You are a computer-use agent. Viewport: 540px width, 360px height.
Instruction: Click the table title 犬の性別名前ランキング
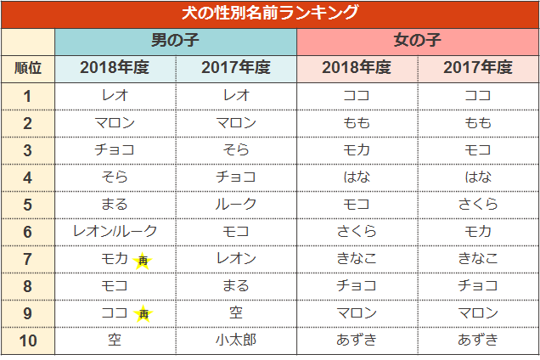coord(270,14)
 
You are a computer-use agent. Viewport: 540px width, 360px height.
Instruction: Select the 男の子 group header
coord(176,41)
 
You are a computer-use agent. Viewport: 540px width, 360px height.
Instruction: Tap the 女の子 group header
coord(418,41)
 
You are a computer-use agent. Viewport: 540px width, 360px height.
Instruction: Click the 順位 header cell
coord(28,68)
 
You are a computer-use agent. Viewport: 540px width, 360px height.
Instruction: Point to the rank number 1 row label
coord(28,96)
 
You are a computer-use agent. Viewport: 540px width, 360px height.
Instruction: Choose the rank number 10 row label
coord(28,340)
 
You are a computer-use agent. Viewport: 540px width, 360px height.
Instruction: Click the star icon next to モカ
coord(143,260)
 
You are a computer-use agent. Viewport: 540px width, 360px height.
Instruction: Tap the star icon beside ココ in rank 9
coord(143,314)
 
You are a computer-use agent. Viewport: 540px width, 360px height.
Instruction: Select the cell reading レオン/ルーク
coord(115,232)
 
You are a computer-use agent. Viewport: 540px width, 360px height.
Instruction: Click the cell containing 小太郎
coord(236,340)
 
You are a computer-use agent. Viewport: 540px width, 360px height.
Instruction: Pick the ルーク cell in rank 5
coord(236,205)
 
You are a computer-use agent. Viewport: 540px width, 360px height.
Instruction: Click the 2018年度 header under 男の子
coord(115,68)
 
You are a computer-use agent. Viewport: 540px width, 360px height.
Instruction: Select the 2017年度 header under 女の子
coord(478,68)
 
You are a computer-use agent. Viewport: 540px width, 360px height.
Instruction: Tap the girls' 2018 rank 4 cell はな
coord(357,177)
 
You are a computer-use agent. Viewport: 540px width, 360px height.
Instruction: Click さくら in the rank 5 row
coord(478,205)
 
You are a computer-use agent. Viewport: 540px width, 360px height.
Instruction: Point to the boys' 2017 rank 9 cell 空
coord(236,313)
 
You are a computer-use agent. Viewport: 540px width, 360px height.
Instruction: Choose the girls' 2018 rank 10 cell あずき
coord(357,340)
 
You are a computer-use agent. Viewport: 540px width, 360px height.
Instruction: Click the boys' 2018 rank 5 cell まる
coord(115,205)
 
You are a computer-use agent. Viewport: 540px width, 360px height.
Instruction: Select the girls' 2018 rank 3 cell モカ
coord(357,150)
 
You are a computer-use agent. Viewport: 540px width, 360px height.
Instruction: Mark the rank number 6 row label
coord(28,232)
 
